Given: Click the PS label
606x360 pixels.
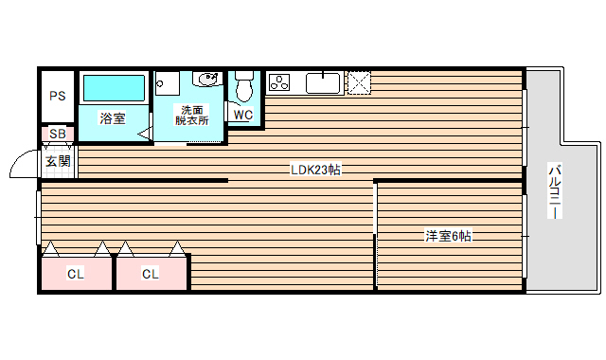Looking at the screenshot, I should pyautogui.click(x=58, y=96).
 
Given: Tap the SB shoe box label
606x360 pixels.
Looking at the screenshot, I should pyautogui.click(x=58, y=135).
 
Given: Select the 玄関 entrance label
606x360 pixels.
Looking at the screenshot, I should pyautogui.click(x=58, y=161).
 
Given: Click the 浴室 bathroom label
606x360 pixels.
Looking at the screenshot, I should pyautogui.click(x=114, y=118).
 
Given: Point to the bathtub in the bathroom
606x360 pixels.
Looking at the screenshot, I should pyautogui.click(x=114, y=89).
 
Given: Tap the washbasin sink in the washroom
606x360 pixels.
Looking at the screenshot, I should pyautogui.click(x=207, y=80).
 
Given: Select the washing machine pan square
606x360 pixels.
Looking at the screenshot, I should pyautogui.click(x=167, y=82).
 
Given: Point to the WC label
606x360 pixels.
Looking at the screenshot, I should pyautogui.click(x=242, y=116).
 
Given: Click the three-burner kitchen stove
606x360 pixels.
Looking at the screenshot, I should pyautogui.click(x=280, y=83).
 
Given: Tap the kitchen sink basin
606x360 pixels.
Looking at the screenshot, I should pyautogui.click(x=324, y=83).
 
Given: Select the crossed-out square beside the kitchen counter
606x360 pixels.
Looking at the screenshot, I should pyautogui.click(x=359, y=82).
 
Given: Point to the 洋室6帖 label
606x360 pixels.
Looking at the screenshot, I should pyautogui.click(x=447, y=236).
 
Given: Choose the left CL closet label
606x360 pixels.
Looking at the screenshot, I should pyautogui.click(x=76, y=275).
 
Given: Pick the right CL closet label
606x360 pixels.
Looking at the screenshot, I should pyautogui.click(x=151, y=275).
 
